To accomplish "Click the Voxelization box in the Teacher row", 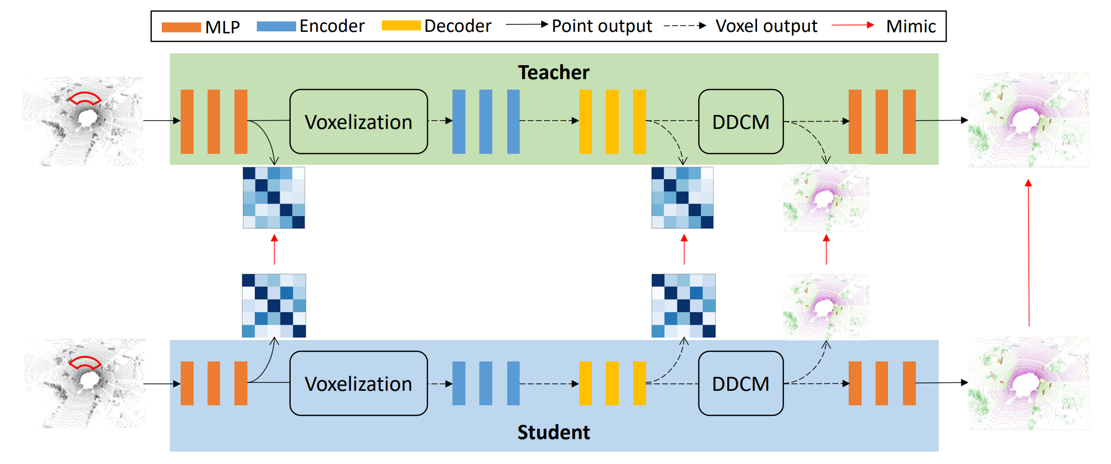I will click(x=358, y=121).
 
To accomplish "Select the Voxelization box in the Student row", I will click(x=358, y=383).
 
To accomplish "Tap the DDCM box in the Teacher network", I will click(x=741, y=121).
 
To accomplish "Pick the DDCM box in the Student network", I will click(x=741, y=383).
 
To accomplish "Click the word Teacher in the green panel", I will click(x=554, y=73).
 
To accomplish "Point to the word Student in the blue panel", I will click(x=554, y=432).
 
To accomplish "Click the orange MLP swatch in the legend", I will click(x=181, y=27).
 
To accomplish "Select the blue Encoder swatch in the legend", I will click(x=276, y=26).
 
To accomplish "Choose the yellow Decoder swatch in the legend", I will click(x=401, y=25).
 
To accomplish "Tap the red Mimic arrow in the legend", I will click(x=853, y=25).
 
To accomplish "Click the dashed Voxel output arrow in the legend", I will click(x=685, y=25).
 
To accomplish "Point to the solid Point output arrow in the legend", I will click(x=527, y=24).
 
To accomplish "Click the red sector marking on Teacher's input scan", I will click(x=85, y=99).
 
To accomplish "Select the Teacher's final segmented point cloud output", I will click(x=1028, y=120).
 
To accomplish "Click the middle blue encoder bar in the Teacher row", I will click(x=486, y=121).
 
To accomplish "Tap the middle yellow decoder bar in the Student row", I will click(x=612, y=383).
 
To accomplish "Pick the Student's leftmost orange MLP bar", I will click(x=187, y=383).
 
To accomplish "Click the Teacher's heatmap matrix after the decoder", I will click(x=682, y=198).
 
